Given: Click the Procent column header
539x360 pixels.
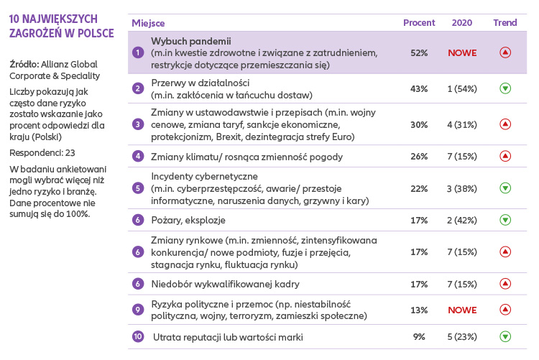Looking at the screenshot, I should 419,22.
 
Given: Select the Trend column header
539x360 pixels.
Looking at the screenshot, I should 505,22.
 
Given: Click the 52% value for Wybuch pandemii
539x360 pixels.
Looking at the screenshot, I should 419,52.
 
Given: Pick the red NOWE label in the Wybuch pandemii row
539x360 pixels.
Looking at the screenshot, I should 462,52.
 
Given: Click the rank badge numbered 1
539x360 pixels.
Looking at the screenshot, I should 139,52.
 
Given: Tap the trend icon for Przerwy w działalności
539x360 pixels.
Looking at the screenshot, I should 505,88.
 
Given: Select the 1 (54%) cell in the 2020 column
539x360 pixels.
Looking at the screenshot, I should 462,88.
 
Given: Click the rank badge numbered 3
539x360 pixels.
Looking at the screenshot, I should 139,124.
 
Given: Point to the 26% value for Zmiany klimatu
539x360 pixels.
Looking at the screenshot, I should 419,156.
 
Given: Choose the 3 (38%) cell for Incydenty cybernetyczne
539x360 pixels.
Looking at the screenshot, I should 462,188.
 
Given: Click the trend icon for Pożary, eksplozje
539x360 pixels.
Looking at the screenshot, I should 505,219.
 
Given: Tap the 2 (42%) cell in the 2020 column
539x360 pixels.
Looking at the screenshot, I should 462,219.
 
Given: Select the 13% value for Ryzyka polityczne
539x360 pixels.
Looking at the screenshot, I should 419,310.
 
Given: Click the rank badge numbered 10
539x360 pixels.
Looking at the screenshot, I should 139,336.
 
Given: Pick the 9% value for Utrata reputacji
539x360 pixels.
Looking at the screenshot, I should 419,336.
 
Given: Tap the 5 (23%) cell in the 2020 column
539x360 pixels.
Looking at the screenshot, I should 462,336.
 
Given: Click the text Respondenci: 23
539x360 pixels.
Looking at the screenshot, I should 42,152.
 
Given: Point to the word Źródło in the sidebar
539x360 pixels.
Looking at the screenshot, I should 24,64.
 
